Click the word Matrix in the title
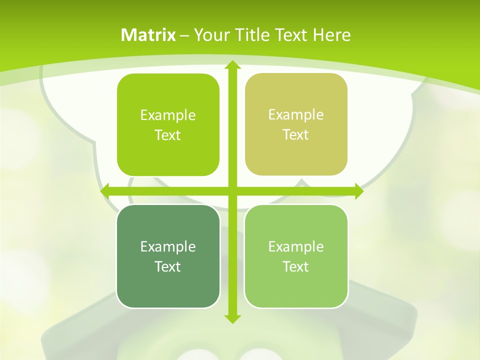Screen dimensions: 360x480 [148, 35]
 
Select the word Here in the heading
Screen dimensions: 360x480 [331, 35]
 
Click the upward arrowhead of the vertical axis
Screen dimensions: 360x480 [232, 65]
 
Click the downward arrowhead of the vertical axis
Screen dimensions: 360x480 [232, 318]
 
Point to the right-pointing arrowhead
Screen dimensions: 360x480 [358, 191]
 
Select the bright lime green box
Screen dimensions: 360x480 [168, 125]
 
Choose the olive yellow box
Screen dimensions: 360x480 [296, 124]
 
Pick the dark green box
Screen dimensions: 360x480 [168, 256]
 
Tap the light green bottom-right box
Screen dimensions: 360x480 [296, 256]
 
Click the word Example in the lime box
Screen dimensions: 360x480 [168, 115]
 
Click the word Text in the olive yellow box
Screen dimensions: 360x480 [296, 135]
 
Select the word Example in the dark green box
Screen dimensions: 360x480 [168, 246]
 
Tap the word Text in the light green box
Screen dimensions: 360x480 [296, 266]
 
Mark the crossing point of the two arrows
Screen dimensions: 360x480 [232, 191]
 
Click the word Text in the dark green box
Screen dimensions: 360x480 [168, 266]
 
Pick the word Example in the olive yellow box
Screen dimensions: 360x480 [296, 115]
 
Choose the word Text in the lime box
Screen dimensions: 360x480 [168, 135]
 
